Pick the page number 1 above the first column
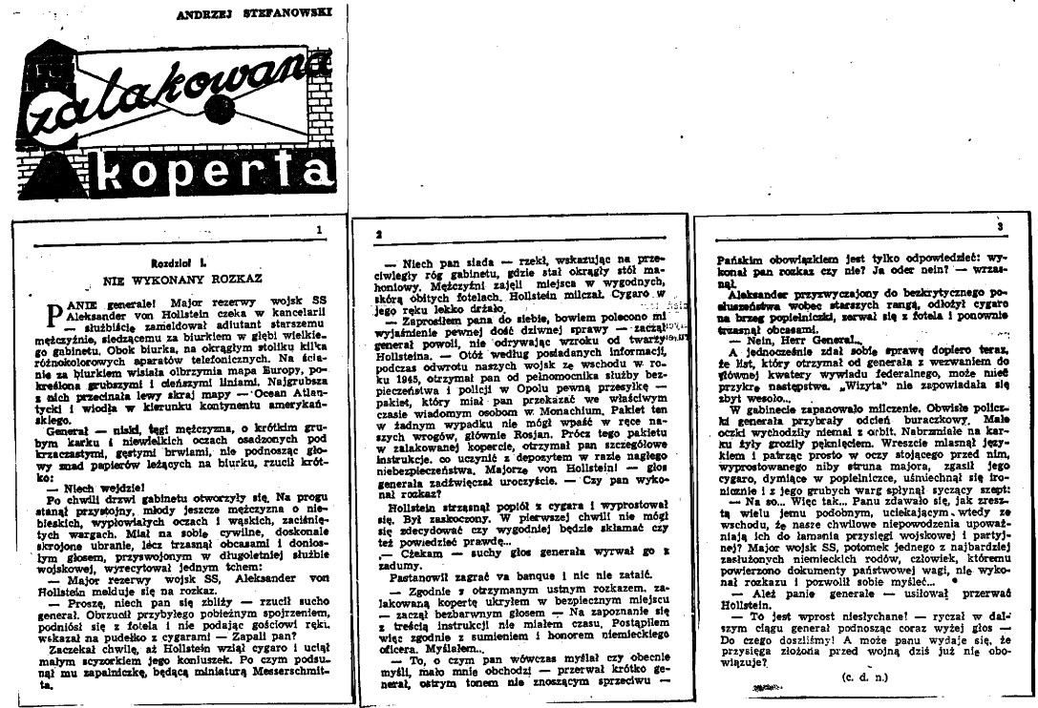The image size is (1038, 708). click(320, 230)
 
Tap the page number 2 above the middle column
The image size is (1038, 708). click(381, 234)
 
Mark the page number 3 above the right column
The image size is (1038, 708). click(1001, 229)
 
